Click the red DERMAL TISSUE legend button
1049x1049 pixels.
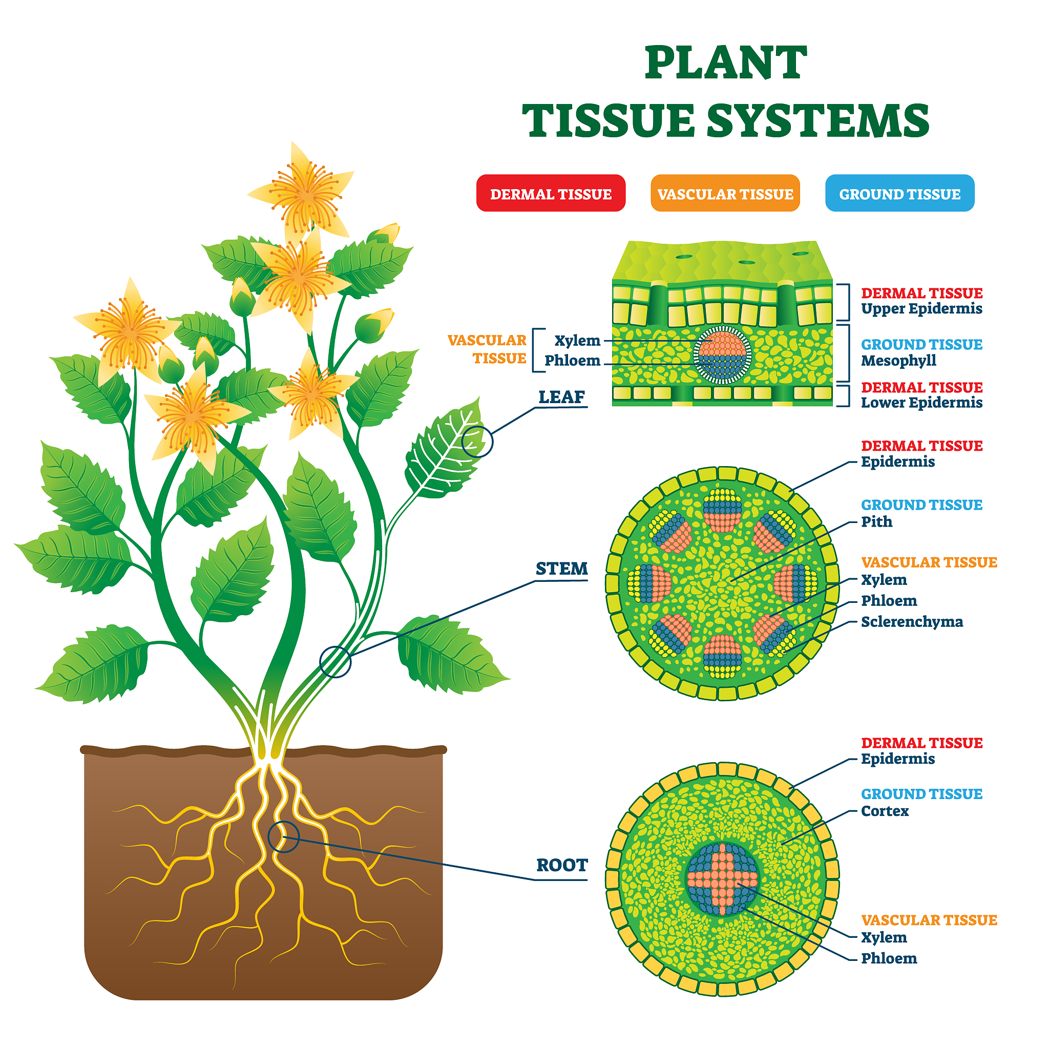tap(551, 193)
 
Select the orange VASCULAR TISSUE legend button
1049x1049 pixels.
tap(725, 193)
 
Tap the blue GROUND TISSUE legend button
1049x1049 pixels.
tap(899, 193)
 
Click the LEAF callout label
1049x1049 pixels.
tap(561, 397)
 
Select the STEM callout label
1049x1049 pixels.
tap(561, 569)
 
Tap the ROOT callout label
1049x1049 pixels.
tap(561, 865)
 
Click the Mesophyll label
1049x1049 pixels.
tap(898, 361)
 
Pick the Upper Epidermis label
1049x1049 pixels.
tap(921, 308)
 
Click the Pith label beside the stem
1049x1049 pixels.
tap(876, 521)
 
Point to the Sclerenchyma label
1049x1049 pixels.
tap(912, 622)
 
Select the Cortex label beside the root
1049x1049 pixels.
tap(885, 811)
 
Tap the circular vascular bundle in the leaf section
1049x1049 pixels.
tap(722, 355)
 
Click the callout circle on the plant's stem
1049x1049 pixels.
tap(335, 662)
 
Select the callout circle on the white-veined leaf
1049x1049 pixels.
tap(477, 442)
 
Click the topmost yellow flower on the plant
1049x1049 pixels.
tap(306, 193)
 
